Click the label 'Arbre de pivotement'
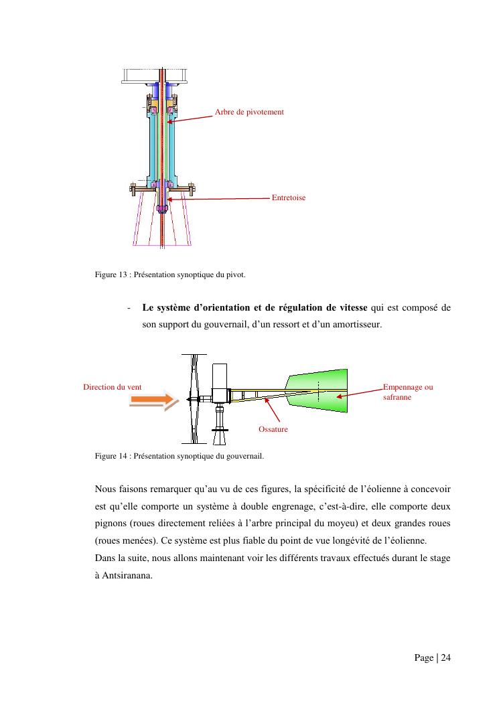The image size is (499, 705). [249, 112]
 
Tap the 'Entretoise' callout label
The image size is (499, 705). [289, 198]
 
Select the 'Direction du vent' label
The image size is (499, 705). [112, 387]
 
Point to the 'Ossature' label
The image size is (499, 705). [273, 428]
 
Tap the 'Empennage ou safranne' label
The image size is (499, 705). [407, 392]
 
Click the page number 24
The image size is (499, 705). [445, 658]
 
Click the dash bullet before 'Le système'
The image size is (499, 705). [128, 308]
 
